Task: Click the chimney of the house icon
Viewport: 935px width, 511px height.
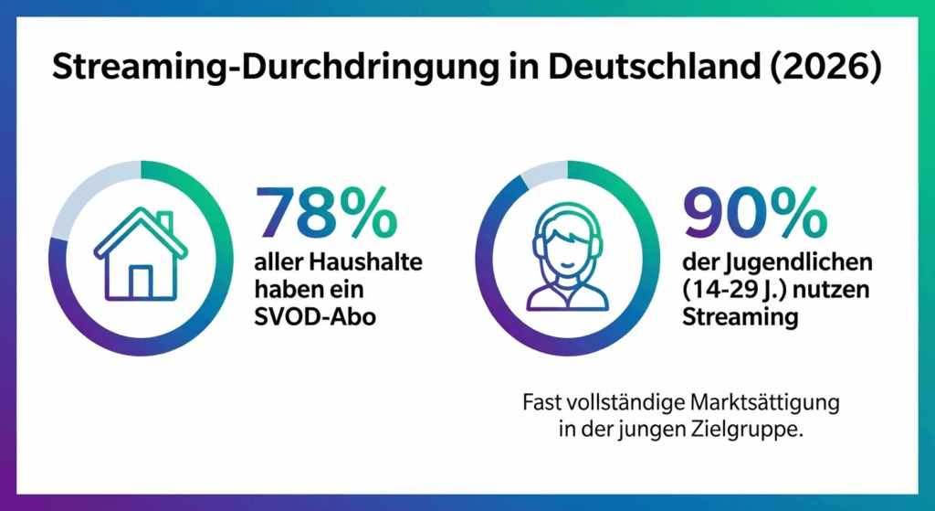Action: (x=164, y=222)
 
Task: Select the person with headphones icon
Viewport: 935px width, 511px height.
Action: (x=567, y=258)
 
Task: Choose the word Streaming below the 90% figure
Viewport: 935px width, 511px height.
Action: (x=741, y=317)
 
